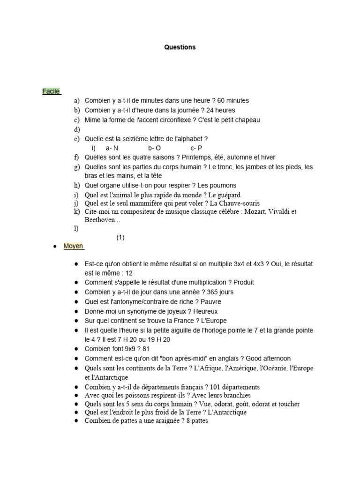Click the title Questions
point(180,47)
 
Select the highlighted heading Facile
point(51,91)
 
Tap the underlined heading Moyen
point(73,246)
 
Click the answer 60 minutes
point(233,101)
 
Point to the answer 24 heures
point(221,110)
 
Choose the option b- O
point(155,148)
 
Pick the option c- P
point(196,148)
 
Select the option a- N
point(112,148)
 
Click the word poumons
point(222,186)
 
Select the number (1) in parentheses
point(120,238)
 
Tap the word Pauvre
point(210,302)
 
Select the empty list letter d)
point(77,129)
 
